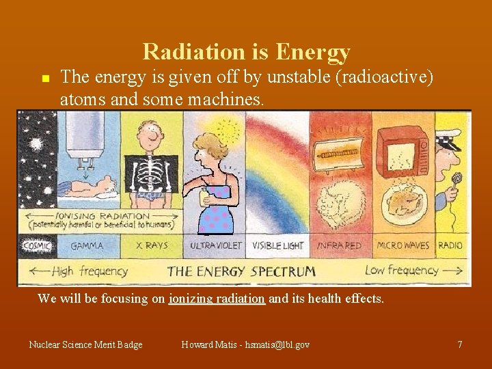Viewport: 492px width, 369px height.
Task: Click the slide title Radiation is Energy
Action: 246,52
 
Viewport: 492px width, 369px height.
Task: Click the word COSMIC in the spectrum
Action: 36,245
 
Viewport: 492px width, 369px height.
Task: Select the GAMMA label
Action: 87,245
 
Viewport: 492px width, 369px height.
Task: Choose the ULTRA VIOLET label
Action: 216,245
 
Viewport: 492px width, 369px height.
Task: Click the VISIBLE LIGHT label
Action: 278,245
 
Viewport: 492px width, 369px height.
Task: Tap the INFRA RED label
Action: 340,245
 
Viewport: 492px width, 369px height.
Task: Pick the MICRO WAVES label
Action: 403,245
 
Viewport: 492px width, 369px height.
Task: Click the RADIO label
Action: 450,245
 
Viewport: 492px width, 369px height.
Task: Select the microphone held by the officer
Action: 456,180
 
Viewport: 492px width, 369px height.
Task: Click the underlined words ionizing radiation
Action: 217,299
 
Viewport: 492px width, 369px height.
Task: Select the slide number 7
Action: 460,344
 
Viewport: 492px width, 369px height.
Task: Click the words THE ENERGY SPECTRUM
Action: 242,271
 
